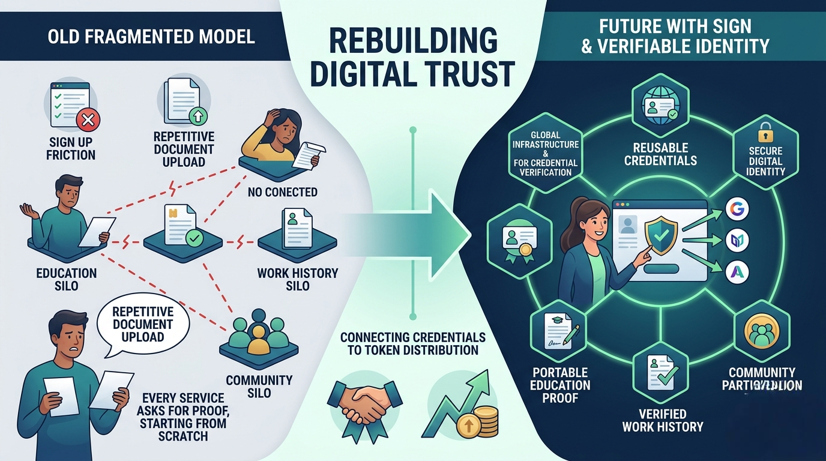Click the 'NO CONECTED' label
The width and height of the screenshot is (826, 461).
pyautogui.click(x=282, y=193)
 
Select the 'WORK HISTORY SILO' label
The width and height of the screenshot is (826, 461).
pyautogui.click(x=298, y=279)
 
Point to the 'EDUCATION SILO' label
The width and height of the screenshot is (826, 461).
pyautogui.click(x=66, y=279)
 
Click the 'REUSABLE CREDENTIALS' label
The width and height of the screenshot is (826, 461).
pyautogui.click(x=660, y=154)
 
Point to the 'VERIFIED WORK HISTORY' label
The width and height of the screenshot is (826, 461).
pyautogui.click(x=662, y=421)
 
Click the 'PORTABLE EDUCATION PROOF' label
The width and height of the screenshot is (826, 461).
pyautogui.click(x=560, y=385)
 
